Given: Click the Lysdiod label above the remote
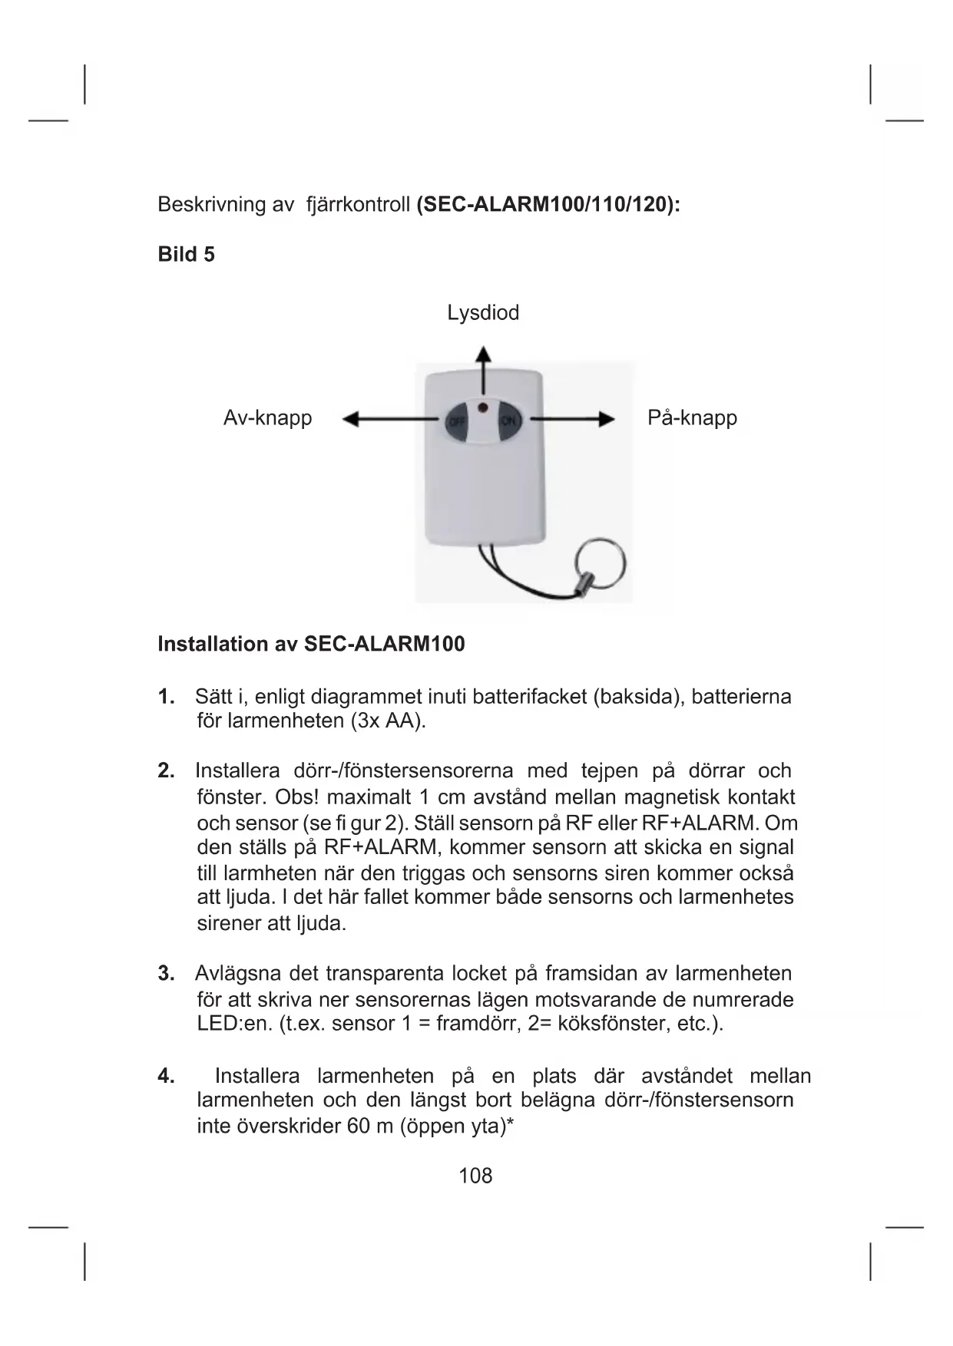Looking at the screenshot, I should (483, 313).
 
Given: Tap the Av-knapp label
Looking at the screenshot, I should (267, 418).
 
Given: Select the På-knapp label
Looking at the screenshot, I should (692, 418).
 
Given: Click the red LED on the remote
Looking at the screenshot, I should (482, 404).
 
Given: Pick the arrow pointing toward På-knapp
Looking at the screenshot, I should (573, 419).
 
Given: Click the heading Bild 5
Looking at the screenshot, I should (186, 255).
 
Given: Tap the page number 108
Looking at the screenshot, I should (475, 1176).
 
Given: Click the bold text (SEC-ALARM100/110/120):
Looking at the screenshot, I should (548, 205).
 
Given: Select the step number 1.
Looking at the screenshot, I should (166, 697).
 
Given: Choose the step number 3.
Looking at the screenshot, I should (166, 974).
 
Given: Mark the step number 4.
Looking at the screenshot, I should (166, 1076).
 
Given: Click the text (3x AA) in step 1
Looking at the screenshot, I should (387, 721).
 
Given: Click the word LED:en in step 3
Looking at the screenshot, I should (233, 1024).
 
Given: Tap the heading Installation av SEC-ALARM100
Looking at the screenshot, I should (311, 644).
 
